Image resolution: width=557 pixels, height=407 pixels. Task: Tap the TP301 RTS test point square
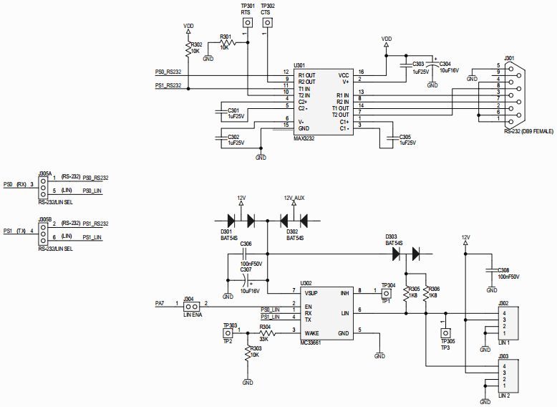click(247, 23)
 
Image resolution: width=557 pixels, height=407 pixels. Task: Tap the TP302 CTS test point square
click(267, 23)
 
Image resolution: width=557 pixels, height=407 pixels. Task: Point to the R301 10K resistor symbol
click(226, 43)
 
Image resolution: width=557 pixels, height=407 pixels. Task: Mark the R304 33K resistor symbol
click(266, 333)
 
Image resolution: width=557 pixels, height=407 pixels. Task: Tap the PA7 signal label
click(161, 302)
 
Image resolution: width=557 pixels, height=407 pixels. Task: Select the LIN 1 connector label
click(503, 344)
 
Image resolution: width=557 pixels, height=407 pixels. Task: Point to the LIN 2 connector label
click(503, 394)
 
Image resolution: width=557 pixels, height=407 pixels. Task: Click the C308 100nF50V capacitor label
click(509, 273)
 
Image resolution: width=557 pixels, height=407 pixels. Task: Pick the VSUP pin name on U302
click(311, 293)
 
